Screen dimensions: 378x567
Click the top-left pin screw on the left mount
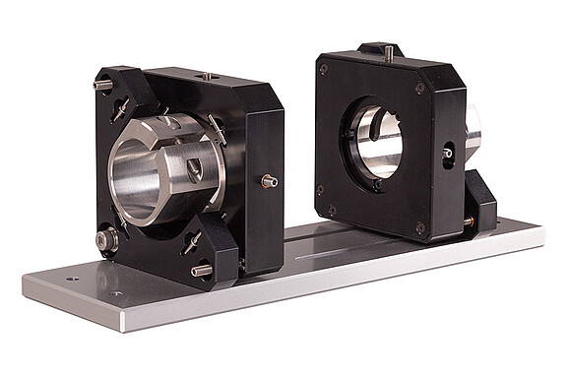tap(102, 85)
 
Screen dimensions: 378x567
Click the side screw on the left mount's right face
tap(268, 180)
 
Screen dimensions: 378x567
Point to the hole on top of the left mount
tap(209, 75)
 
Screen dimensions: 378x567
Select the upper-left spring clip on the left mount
tap(121, 109)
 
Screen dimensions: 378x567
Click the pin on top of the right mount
tap(388, 52)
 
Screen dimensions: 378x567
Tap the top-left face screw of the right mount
tap(324, 69)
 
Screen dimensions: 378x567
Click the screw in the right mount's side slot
tap(447, 154)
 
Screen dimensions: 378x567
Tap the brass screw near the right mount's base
tap(469, 221)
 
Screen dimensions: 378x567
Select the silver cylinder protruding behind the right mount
tap(472, 133)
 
